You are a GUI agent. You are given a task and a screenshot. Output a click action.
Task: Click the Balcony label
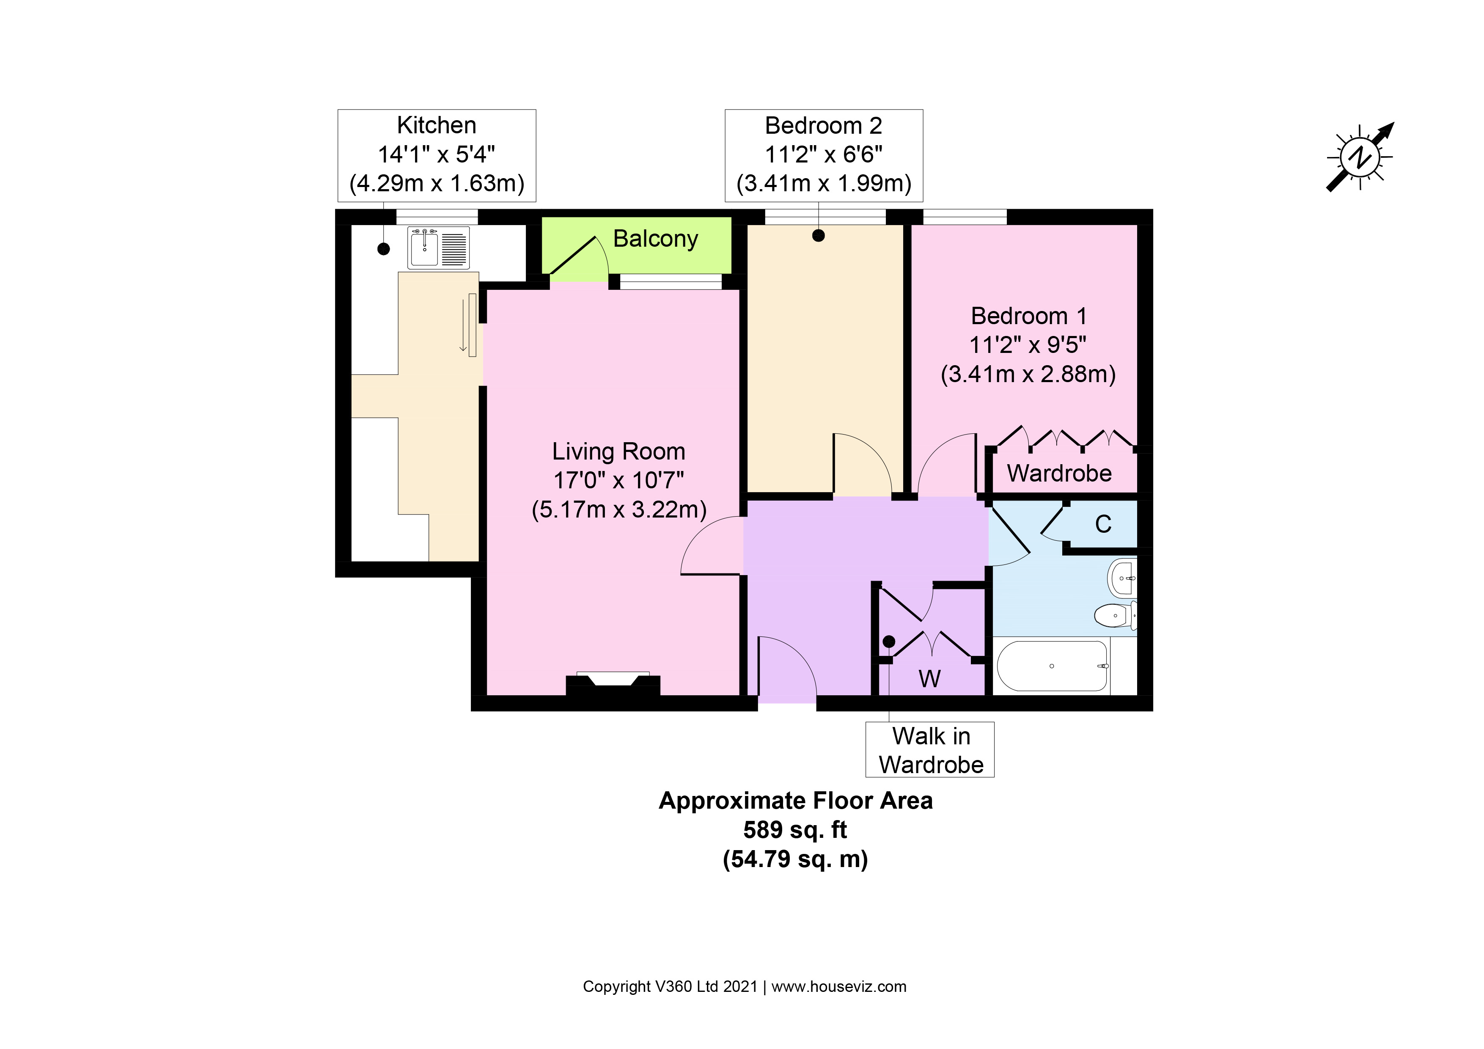pyautogui.click(x=655, y=239)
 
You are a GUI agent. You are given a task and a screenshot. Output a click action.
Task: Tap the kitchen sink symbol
pyautogui.click(x=438, y=248)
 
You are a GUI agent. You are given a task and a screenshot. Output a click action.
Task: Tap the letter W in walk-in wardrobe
pyautogui.click(x=929, y=679)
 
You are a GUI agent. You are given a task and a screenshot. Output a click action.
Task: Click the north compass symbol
pyautogui.click(x=1360, y=157)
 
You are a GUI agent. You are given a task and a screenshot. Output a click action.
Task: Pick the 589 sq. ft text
pyautogui.click(x=795, y=829)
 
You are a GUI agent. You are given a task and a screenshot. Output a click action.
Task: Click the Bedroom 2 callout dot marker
pyautogui.click(x=818, y=236)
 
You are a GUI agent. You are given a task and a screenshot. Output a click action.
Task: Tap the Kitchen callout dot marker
pyautogui.click(x=384, y=248)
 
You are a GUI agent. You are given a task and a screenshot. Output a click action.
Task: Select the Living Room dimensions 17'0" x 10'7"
pyautogui.click(x=618, y=480)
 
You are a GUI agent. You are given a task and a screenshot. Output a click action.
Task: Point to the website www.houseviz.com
pyautogui.click(x=838, y=986)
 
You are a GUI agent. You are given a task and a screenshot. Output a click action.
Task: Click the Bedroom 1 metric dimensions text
pyautogui.click(x=1028, y=374)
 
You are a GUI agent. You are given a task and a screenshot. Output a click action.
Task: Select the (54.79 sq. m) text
pyautogui.click(x=795, y=859)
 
